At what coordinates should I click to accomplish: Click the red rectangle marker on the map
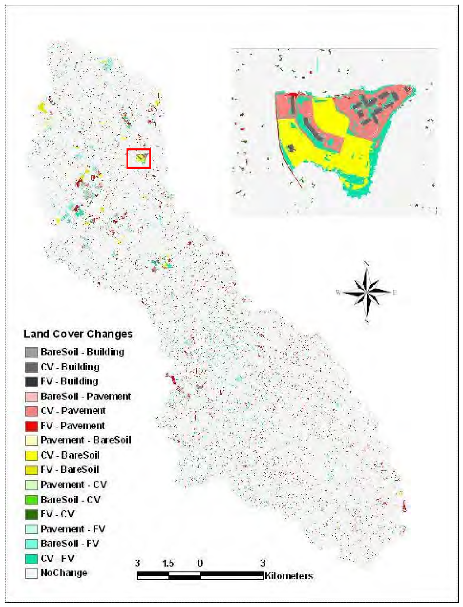coord(138,158)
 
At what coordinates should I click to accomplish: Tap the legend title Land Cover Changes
coord(78,334)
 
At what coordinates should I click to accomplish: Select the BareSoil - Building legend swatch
coord(32,352)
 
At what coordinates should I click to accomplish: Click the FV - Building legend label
coord(69,381)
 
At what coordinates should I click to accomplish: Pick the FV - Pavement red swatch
coord(32,426)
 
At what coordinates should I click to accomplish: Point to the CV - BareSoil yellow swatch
coord(32,455)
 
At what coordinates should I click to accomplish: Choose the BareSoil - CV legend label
coord(71,499)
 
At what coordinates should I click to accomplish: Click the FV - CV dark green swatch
coord(32,514)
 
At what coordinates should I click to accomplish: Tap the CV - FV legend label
coord(57,558)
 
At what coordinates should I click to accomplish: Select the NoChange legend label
coord(64,573)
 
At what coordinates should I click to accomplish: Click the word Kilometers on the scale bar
coord(288,576)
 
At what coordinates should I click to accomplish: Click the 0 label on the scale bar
coord(200,564)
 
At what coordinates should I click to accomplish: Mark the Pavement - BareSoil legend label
coord(86,440)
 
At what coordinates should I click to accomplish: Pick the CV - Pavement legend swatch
coord(32,411)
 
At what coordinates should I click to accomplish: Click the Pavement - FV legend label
coord(73,529)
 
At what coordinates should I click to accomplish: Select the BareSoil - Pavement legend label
coord(86,396)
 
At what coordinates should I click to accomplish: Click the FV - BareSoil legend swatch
coord(32,470)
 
